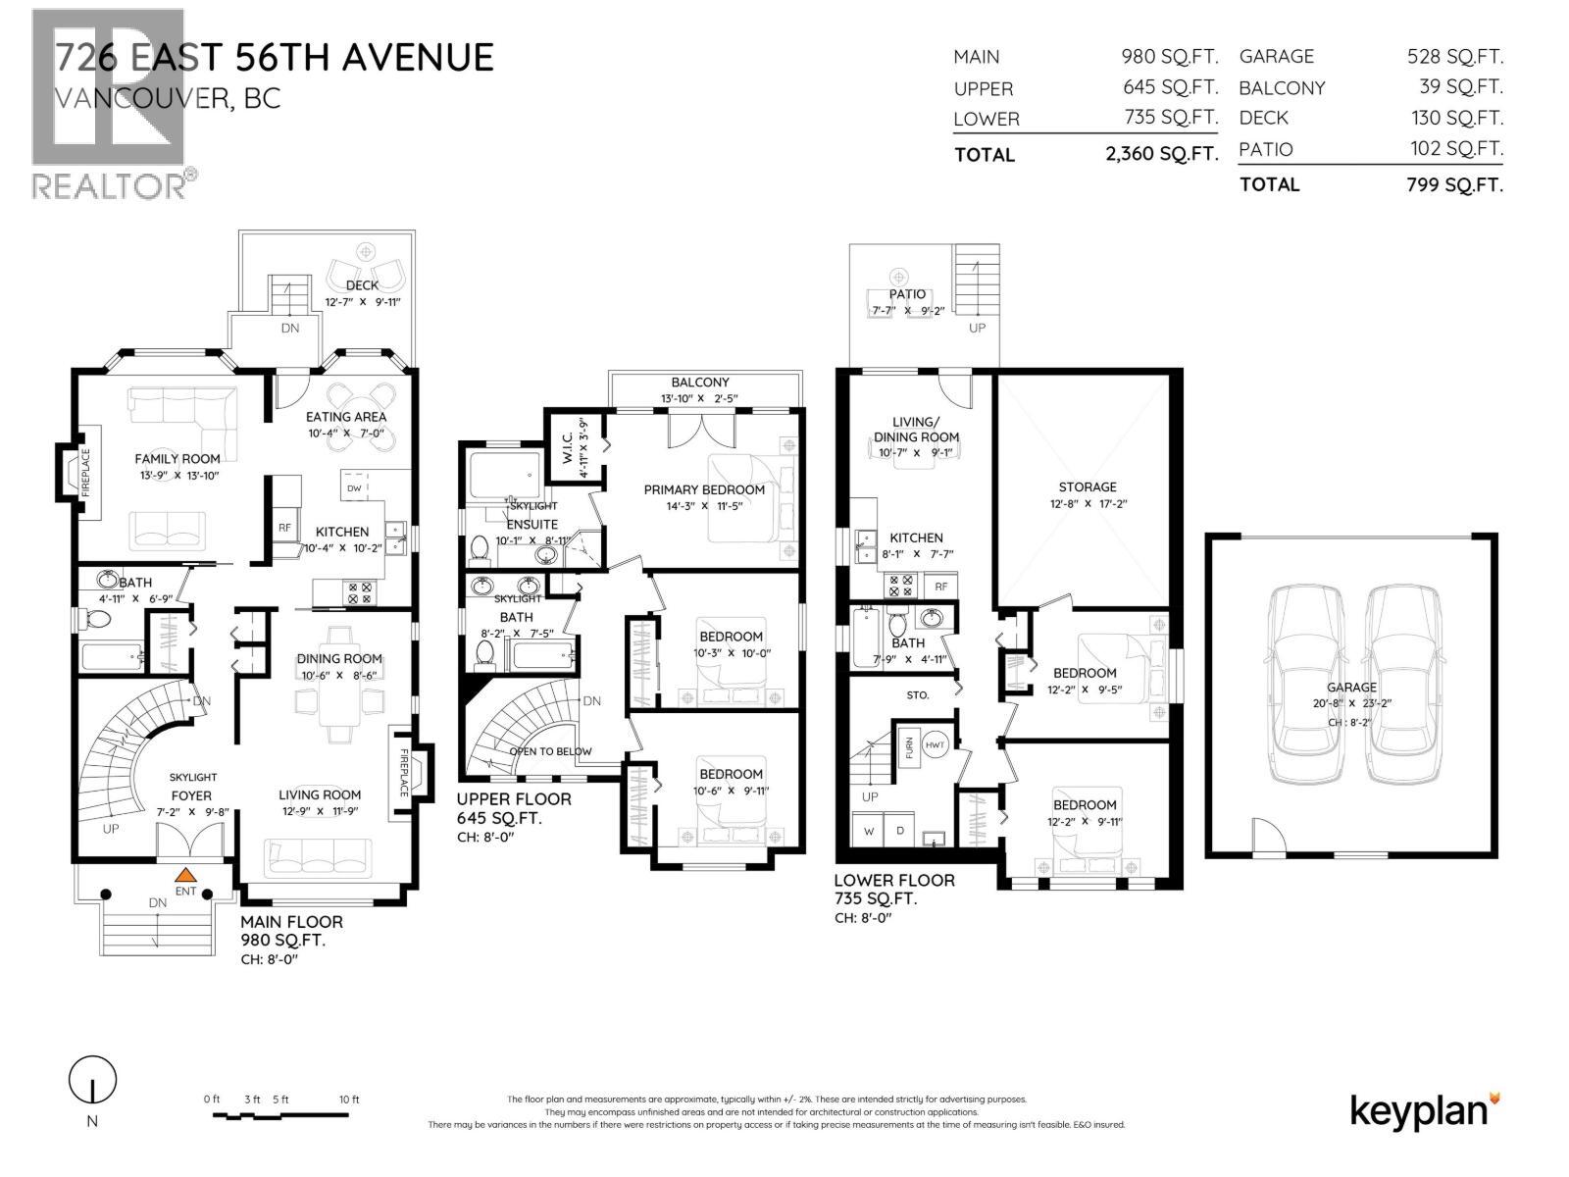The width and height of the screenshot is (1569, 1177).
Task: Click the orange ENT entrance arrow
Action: (x=185, y=875)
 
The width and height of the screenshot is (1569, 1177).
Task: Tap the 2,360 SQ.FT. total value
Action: (x=1161, y=154)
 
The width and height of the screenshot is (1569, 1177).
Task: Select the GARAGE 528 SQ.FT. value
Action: (x=1454, y=57)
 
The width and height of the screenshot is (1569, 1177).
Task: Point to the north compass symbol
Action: (x=92, y=1082)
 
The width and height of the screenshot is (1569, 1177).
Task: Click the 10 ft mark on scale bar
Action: (x=350, y=1100)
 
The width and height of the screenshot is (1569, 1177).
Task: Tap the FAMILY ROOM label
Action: (x=177, y=458)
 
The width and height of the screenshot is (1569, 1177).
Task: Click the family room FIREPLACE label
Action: (x=85, y=473)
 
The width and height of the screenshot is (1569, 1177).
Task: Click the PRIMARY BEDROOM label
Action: (x=704, y=489)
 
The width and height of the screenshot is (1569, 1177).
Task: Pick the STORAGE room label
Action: (x=1087, y=486)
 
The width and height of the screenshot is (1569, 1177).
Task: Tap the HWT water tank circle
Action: (x=936, y=743)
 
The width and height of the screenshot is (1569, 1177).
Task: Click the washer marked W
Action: (x=869, y=830)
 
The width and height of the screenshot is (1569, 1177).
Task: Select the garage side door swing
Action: (x=1266, y=835)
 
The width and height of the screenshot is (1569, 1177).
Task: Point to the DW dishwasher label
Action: (x=354, y=487)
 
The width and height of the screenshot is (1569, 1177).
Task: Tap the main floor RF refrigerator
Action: (x=284, y=528)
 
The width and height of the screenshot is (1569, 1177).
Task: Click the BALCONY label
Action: (x=700, y=383)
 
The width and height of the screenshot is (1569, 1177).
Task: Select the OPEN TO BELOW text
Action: (x=551, y=751)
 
